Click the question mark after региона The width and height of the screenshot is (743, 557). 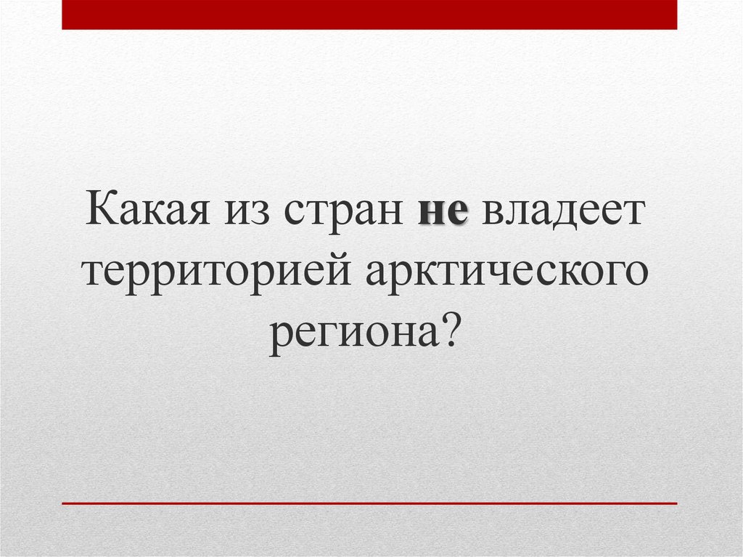tap(450, 333)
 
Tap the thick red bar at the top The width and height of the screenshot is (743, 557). tap(369, 15)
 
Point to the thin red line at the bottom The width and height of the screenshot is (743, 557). tap(369, 503)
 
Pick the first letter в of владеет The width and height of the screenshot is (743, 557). tap(490, 214)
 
